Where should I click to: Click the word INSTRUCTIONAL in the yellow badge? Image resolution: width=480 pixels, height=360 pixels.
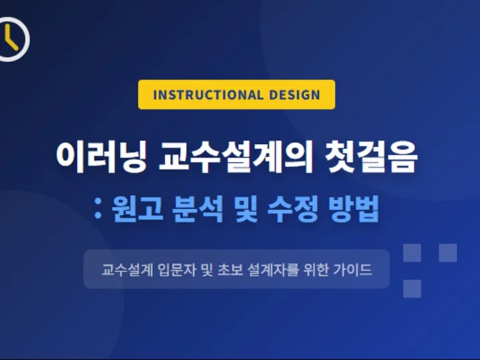click(208, 94)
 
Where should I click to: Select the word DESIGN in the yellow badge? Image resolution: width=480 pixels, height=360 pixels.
click(295, 94)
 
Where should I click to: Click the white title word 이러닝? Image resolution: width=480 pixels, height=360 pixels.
click(102, 157)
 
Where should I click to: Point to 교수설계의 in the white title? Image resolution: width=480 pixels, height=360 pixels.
click(236, 157)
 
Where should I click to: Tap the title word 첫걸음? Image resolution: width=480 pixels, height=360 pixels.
click(371, 157)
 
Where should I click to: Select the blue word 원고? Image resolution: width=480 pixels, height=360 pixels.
click(137, 209)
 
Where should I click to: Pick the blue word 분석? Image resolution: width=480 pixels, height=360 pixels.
click(197, 209)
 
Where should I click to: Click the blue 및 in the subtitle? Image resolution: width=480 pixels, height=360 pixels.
click(245, 209)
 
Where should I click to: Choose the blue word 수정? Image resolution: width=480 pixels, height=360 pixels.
click(293, 209)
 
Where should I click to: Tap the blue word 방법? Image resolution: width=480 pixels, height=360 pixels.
click(354, 209)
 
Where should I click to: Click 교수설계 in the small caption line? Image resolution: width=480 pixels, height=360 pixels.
click(127, 270)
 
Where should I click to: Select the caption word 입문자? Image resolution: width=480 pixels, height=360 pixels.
click(177, 270)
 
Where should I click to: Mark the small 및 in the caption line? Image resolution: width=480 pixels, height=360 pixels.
click(207, 270)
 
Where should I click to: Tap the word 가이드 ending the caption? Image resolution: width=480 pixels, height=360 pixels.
click(352, 270)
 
